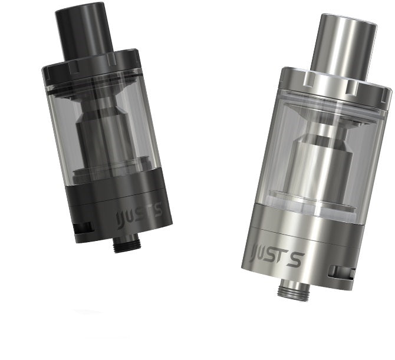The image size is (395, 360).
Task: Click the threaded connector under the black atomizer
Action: pos(125,242)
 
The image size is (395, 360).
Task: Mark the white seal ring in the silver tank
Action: pos(306,204)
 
